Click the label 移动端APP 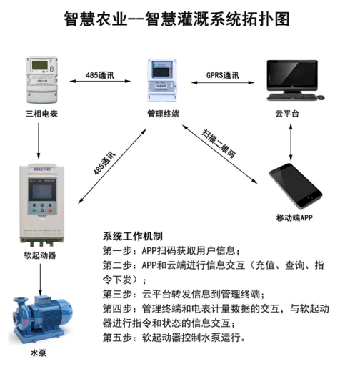(x=294, y=217)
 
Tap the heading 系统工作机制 (x=133, y=237)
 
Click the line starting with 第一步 (x=171, y=251)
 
